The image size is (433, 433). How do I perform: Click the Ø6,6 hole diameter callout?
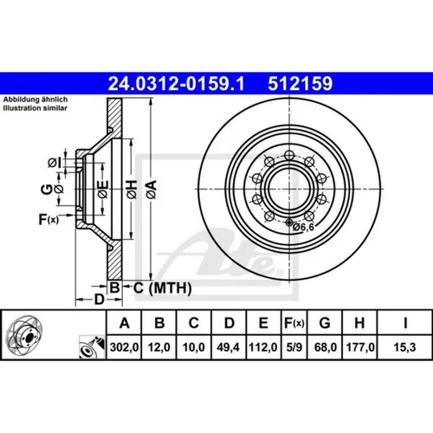point(303,227)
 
